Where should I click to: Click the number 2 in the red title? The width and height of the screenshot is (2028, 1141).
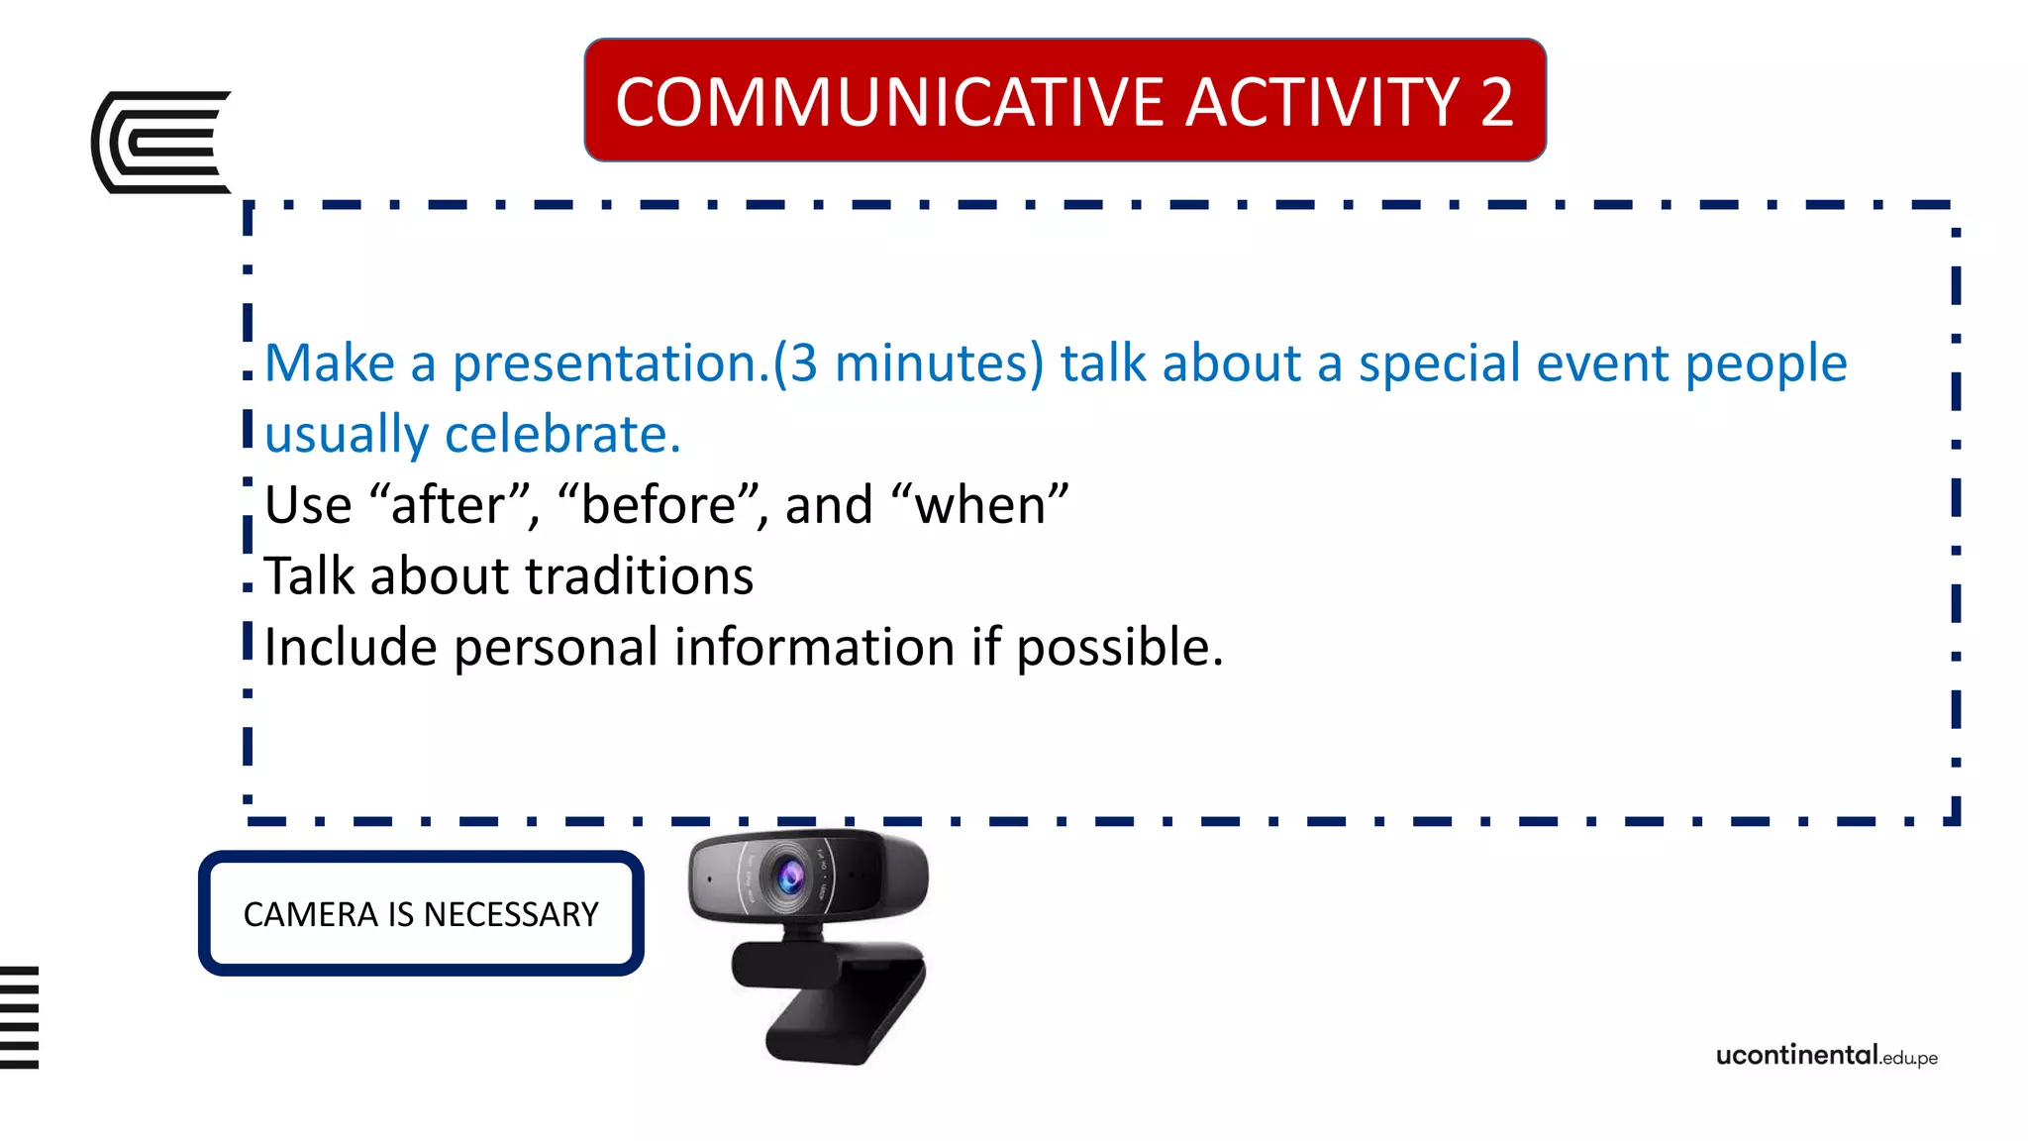pyautogui.click(x=1496, y=102)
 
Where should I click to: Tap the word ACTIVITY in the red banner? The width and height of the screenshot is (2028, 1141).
pyautogui.click(x=1323, y=102)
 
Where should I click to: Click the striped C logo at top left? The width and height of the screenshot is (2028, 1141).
pyautogui.click(x=160, y=142)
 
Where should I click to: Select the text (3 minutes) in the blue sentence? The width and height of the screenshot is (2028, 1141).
pyautogui.click(x=908, y=363)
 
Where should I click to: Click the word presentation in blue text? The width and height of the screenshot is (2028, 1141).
pyautogui.click(x=604, y=363)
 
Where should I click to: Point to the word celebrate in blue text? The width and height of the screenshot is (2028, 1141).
pyautogui.click(x=562, y=435)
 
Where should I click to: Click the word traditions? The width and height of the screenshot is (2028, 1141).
pyautogui.click(x=639, y=576)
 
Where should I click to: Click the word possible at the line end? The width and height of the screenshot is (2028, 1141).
pyautogui.click(x=1119, y=648)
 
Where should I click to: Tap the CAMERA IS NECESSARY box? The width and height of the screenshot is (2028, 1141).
pyautogui.click(x=421, y=913)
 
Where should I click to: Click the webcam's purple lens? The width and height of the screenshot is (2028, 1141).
pyautogui.click(x=790, y=876)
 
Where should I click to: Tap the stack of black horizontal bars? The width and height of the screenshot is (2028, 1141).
pyautogui.click(x=19, y=1017)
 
